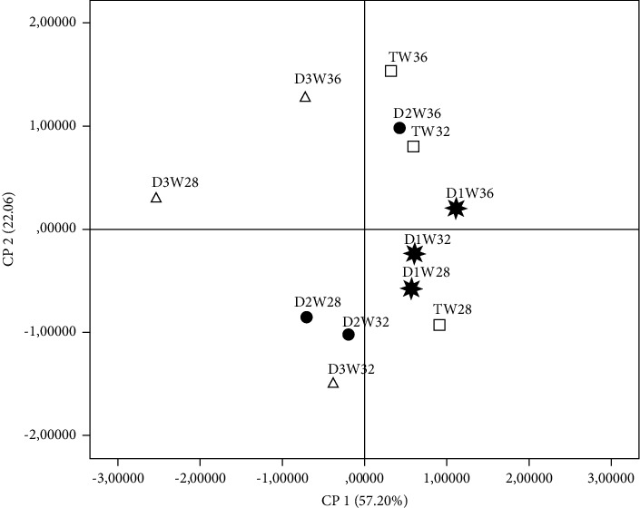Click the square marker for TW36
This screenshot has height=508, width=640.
coord(391,71)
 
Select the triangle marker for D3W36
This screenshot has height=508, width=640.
coord(305,97)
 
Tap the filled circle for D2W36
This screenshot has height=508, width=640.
coord(399,128)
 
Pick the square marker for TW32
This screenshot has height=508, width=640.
coord(413,146)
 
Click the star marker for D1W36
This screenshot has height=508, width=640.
coord(456,209)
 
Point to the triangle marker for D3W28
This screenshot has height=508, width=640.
coord(156,198)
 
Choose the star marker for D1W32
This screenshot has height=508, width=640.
coord(414,254)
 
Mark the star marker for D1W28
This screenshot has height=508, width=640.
coord(411,288)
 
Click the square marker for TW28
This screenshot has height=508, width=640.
coord(439,325)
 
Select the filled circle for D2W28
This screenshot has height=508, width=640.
coord(307,317)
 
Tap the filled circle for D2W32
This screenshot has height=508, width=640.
coord(348,335)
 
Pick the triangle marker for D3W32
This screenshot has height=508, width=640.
coord(333,383)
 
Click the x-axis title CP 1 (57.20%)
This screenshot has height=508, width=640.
coord(365,498)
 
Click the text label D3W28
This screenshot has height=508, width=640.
coord(174,181)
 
